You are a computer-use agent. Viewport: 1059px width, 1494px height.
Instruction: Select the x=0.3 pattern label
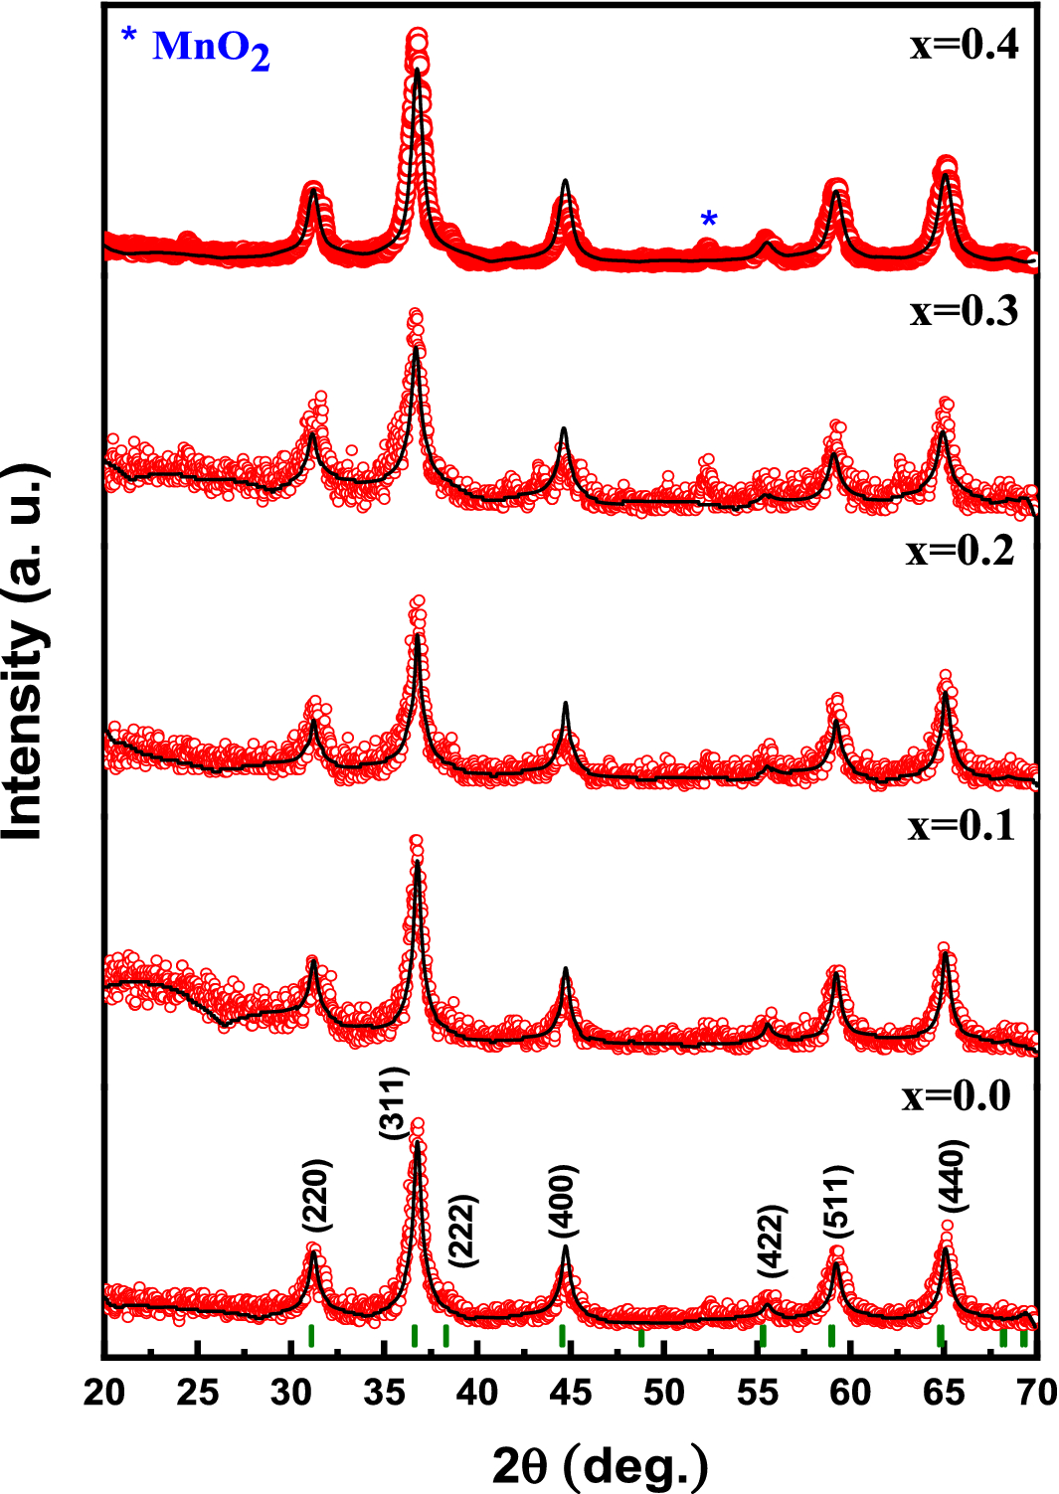964,311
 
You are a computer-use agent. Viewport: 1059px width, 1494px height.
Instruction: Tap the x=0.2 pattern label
960,550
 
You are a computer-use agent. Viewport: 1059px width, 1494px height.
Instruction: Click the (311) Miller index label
394,1102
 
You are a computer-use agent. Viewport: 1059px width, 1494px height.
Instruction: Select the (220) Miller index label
316,1196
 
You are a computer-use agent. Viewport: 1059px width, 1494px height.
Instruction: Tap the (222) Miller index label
463,1230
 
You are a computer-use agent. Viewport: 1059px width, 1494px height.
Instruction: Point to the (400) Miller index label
564,1202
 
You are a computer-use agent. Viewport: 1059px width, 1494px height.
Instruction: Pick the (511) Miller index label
837,1203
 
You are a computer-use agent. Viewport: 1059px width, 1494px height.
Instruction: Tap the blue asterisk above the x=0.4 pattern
708,220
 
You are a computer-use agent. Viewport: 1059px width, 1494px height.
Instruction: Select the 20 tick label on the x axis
104,1393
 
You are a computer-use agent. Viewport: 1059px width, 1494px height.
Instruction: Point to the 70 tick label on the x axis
1036,1393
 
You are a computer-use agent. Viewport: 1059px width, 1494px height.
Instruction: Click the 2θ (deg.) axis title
601,1464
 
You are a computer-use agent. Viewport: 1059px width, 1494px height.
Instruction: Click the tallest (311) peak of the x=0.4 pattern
418,50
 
